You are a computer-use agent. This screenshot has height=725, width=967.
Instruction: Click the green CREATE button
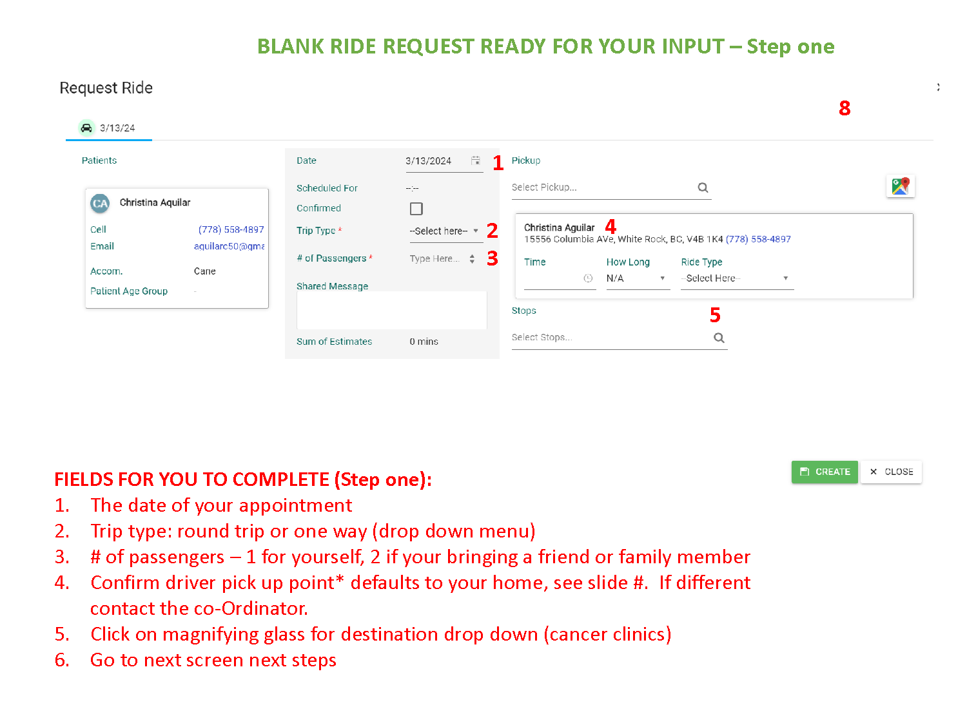pyautogui.click(x=824, y=472)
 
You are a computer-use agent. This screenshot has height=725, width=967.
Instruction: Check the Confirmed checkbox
pyautogui.click(x=416, y=208)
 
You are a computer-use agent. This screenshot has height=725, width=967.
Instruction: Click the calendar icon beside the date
pyautogui.click(x=475, y=160)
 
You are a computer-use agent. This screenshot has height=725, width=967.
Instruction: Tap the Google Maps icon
pyautogui.click(x=899, y=186)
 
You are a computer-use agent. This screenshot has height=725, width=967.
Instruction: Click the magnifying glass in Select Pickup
pyautogui.click(x=702, y=188)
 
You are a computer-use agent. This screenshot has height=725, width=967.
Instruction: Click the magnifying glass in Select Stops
pyautogui.click(x=719, y=338)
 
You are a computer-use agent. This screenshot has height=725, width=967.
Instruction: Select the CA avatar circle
pyautogui.click(x=100, y=204)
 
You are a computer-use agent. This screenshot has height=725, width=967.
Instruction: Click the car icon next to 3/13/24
pyautogui.click(x=86, y=128)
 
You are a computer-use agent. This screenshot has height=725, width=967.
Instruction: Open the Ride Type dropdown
pyautogui.click(x=737, y=278)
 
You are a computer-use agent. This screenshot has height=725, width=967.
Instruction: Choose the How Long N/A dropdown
pyautogui.click(x=637, y=278)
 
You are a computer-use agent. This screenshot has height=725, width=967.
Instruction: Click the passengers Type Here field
pyautogui.click(x=439, y=258)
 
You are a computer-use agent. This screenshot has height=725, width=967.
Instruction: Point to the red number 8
pyautogui.click(x=844, y=108)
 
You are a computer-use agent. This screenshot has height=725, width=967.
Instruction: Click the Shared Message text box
pyautogui.click(x=391, y=310)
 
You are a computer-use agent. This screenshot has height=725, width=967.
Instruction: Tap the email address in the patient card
pyautogui.click(x=229, y=246)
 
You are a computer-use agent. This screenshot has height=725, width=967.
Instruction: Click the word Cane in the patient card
pyautogui.click(x=204, y=271)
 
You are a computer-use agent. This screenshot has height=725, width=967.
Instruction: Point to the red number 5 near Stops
pyautogui.click(x=714, y=314)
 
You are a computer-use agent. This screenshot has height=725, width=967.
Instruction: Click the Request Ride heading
pyautogui.click(x=106, y=88)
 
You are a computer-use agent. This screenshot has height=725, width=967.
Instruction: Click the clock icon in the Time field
pyautogui.click(x=587, y=278)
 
